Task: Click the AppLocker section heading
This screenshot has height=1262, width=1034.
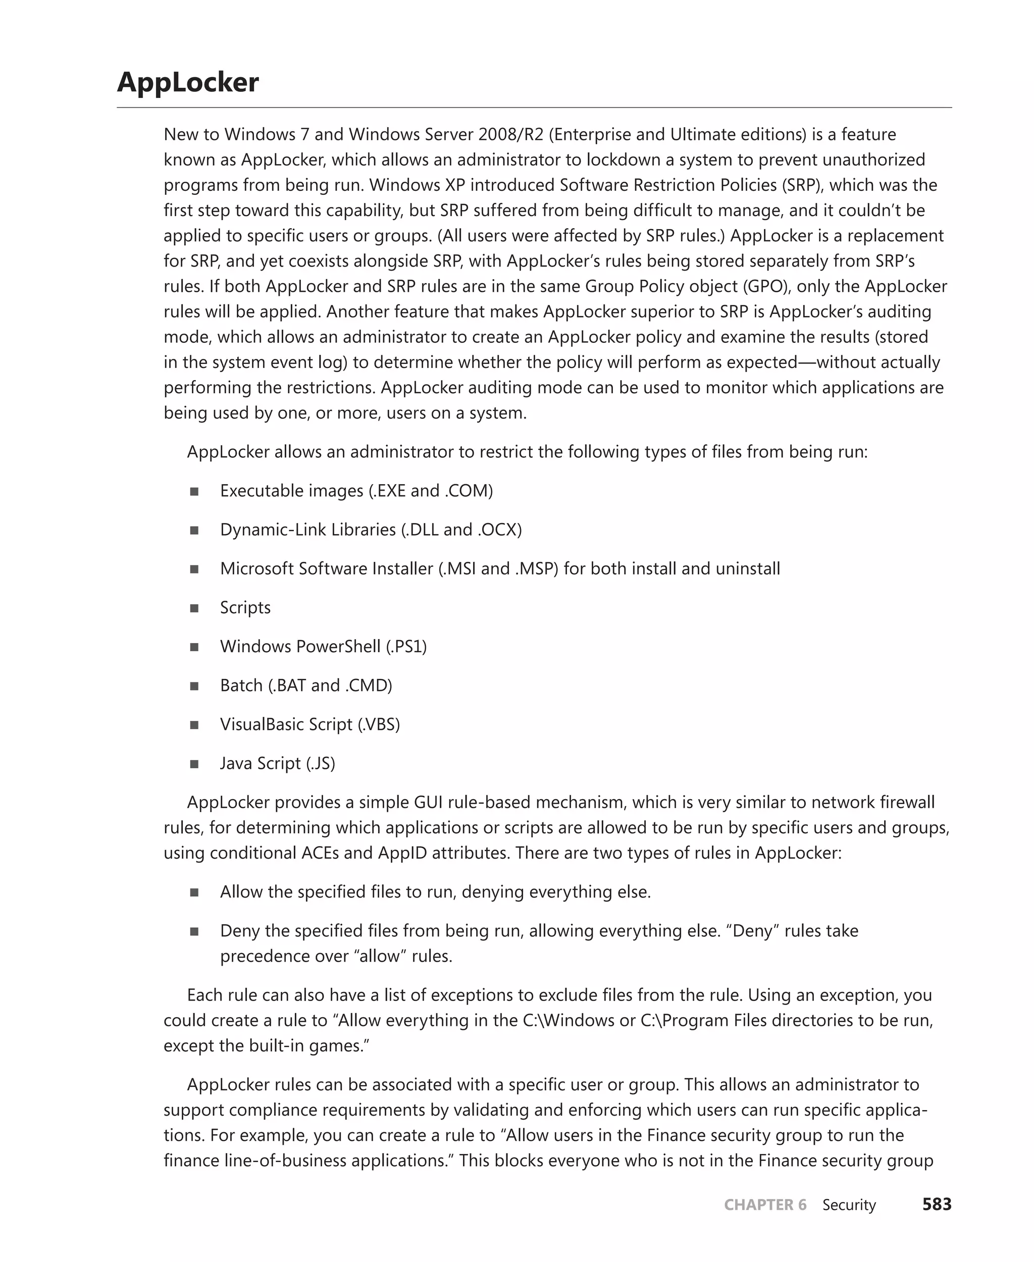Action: click(188, 82)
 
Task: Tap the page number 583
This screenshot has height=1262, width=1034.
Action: click(937, 1204)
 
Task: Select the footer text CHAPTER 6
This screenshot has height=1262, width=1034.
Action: click(765, 1205)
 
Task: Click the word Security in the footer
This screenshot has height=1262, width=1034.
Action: click(849, 1205)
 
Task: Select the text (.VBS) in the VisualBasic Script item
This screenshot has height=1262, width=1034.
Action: click(379, 724)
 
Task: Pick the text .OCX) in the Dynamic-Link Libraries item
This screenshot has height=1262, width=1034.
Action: click(500, 530)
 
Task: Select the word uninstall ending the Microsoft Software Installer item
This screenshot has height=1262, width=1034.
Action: click(748, 568)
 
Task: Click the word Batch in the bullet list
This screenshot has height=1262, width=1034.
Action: click(241, 685)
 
